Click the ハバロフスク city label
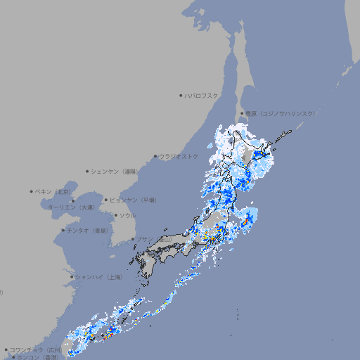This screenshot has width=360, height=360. click(x=202, y=95)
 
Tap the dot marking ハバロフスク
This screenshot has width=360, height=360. click(x=181, y=95)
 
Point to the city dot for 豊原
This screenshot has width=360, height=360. click(x=242, y=113)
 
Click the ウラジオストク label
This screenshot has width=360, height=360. click(x=179, y=156)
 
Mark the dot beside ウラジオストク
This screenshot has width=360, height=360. click(x=155, y=156)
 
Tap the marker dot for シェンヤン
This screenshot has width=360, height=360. click(x=88, y=171)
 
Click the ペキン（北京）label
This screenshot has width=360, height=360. click(x=54, y=191)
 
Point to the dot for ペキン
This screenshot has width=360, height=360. click(x=32, y=191)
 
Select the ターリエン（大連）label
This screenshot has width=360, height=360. click(x=71, y=207)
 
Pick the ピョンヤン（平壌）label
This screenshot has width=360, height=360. click(x=134, y=200)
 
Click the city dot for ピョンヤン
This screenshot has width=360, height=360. click(x=107, y=200)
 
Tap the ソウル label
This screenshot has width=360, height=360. click(x=127, y=215)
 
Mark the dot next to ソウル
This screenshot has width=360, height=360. click(x=115, y=215)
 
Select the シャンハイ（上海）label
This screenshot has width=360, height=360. click(x=99, y=277)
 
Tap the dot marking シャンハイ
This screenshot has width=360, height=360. click(x=72, y=277)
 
